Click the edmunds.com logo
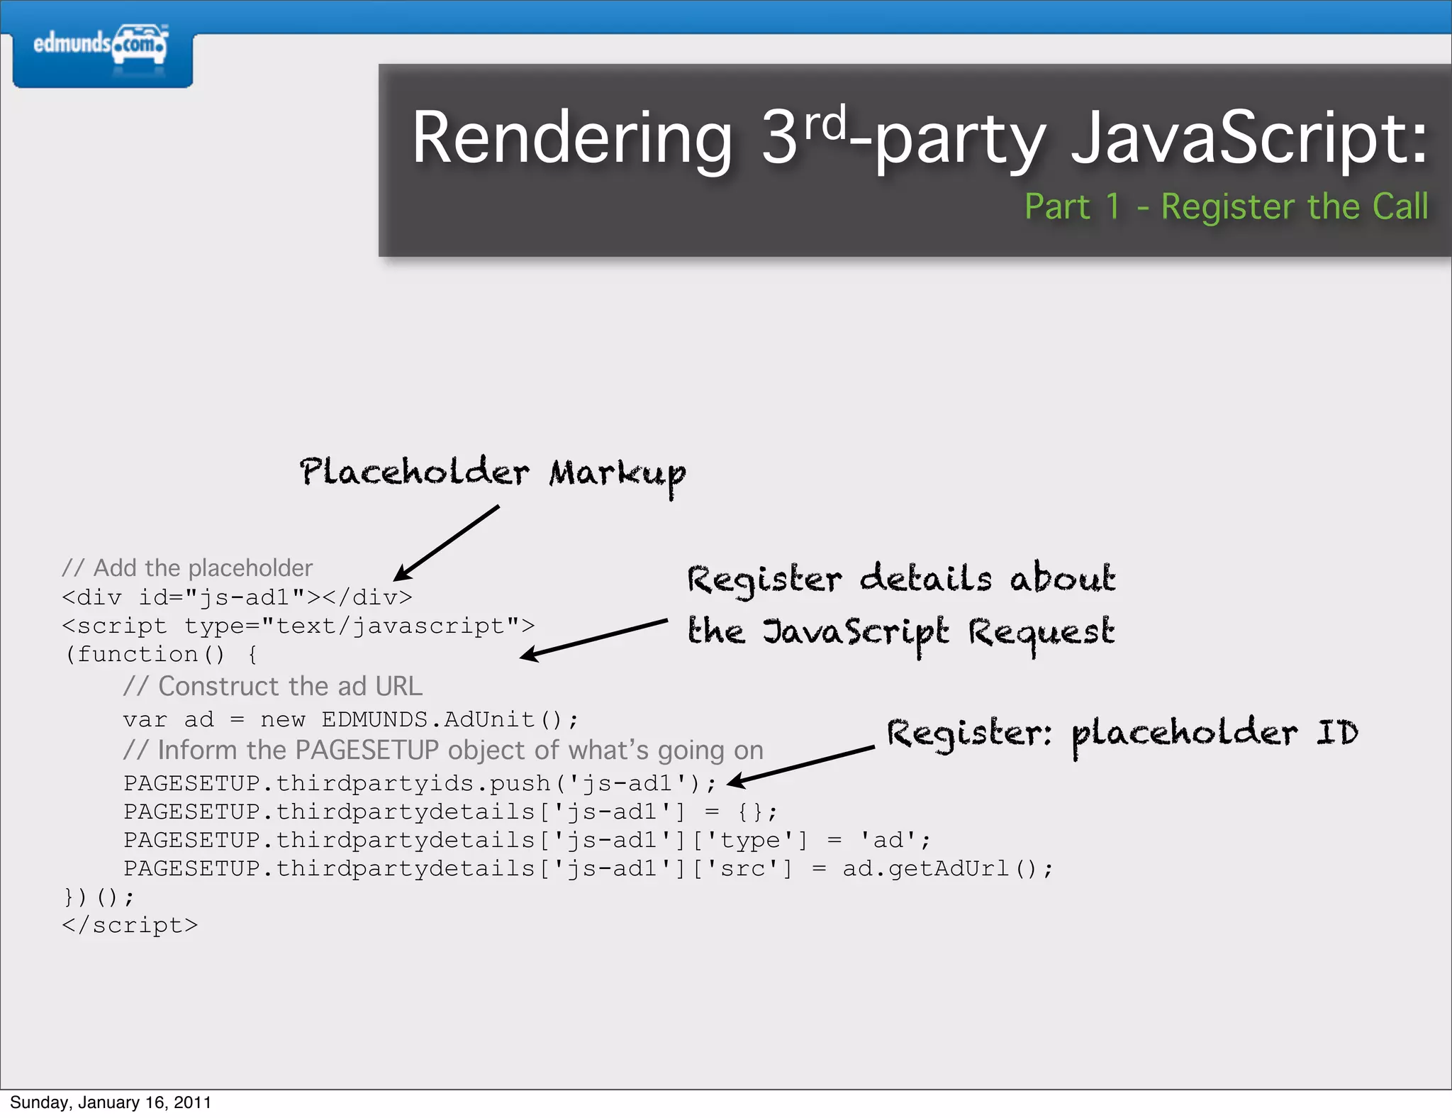click(x=101, y=47)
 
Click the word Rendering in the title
click(x=571, y=138)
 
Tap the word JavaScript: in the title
click(x=1249, y=138)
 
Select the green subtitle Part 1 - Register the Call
click(x=1226, y=207)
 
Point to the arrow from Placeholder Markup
click(x=447, y=543)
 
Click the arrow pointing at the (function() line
click(x=594, y=638)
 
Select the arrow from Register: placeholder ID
click(x=801, y=765)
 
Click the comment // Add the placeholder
click(x=187, y=568)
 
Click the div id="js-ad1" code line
click(x=237, y=597)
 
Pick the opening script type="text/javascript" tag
click(x=298, y=626)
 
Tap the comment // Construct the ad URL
click(x=273, y=687)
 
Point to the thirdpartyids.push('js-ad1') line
click(x=420, y=783)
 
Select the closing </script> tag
click(x=130, y=926)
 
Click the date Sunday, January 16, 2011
click(x=111, y=1102)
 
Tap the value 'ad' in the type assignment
click(x=888, y=841)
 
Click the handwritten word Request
click(x=1041, y=633)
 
